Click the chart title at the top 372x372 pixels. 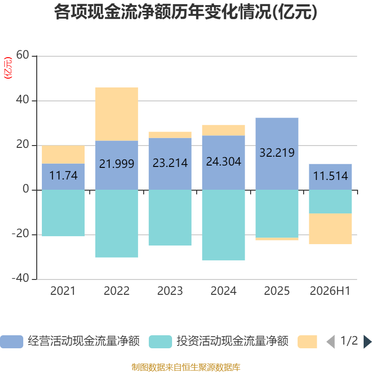186,12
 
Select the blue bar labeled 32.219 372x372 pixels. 277,154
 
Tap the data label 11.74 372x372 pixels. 63,176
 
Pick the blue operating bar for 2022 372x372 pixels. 117,166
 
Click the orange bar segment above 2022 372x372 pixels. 117,114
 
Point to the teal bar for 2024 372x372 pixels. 224,225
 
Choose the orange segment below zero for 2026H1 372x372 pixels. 330,229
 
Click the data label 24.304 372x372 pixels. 224,161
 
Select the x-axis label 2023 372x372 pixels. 170,291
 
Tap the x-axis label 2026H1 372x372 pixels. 330,291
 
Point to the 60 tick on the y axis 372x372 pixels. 22,55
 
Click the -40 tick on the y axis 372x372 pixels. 20,278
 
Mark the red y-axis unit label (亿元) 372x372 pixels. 8,68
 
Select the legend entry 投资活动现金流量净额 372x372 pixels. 219,341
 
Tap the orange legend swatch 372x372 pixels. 307,342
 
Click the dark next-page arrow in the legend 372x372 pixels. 367,342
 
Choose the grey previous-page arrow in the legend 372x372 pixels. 331,342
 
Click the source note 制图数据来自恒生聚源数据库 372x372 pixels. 186,367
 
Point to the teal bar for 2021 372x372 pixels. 63,213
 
